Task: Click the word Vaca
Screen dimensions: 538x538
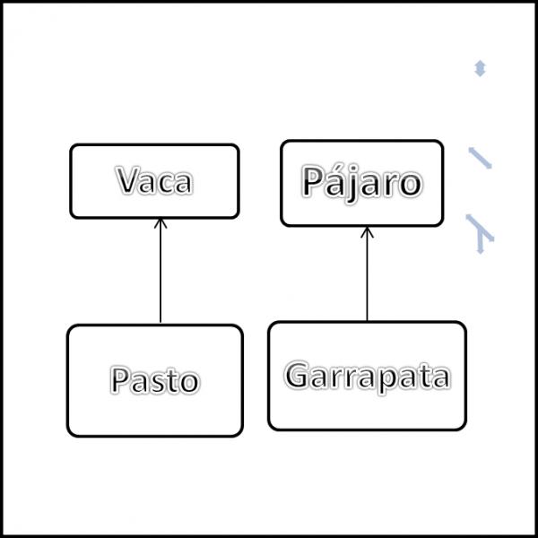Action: (x=154, y=180)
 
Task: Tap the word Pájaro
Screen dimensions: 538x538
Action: (x=361, y=183)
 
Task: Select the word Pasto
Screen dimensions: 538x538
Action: (x=155, y=379)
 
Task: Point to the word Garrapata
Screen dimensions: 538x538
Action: (x=367, y=377)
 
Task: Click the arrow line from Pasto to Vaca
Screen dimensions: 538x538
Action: (x=161, y=271)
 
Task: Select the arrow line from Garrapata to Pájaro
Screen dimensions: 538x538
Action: (x=367, y=273)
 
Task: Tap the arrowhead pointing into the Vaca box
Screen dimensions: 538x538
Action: (x=161, y=223)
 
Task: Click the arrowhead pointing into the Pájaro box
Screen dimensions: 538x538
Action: (x=367, y=231)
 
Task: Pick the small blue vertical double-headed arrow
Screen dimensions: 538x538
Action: (x=480, y=68)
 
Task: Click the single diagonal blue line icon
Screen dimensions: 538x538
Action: (x=481, y=158)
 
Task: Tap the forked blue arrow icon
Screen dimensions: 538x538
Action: (x=480, y=234)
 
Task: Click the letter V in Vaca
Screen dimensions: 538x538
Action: (x=127, y=180)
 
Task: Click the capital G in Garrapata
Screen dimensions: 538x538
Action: (x=297, y=375)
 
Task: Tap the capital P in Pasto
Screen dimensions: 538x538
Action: (x=120, y=379)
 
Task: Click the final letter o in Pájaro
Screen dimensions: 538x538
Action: (x=411, y=186)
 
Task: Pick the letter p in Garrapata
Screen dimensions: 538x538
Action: (x=386, y=380)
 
